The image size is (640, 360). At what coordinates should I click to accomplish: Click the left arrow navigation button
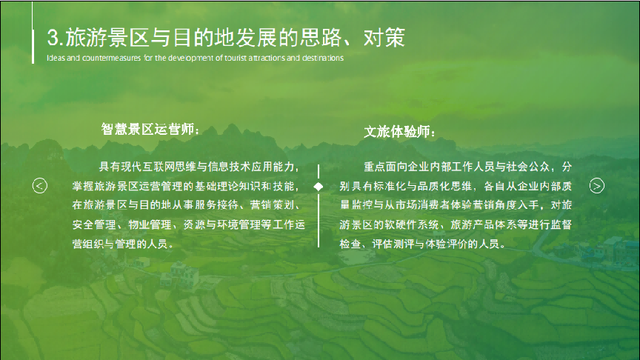40,185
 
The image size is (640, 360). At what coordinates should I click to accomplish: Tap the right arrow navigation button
596,185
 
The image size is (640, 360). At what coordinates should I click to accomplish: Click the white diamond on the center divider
318,185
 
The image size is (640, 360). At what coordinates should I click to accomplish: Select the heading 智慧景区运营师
149,129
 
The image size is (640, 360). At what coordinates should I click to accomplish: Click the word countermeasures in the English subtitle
97,57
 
